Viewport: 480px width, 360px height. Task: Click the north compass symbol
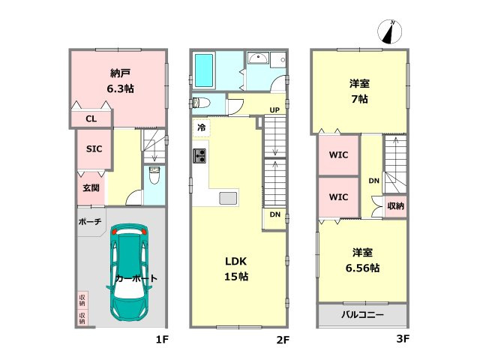coord(389,31)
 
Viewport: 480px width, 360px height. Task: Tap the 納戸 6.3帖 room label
coord(120,81)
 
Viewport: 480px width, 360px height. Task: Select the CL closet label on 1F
coord(91,118)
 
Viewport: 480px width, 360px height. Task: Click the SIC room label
coord(94,148)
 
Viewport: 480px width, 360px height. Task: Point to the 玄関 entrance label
coord(91,187)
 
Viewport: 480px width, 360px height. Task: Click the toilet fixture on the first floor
coord(154,175)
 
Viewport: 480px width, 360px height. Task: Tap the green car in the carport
coord(130,272)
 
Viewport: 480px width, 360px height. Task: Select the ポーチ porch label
coord(90,221)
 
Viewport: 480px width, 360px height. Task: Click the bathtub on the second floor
coord(204,70)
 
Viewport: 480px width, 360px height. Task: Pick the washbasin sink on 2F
coord(258,58)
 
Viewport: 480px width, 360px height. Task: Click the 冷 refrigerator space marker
coord(201,127)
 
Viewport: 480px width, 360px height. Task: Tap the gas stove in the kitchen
coord(199,156)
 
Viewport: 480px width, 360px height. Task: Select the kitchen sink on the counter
coord(228,198)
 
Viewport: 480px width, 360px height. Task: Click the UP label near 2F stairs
coord(274,110)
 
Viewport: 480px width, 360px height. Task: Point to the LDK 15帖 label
coord(236,269)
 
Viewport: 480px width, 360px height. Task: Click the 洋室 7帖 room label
coord(359,91)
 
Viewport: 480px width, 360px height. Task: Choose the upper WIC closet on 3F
coord(338,155)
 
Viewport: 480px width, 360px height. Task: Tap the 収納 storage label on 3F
coord(395,206)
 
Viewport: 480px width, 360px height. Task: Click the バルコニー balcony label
coord(362,314)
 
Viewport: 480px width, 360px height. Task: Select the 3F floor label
coord(403,338)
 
